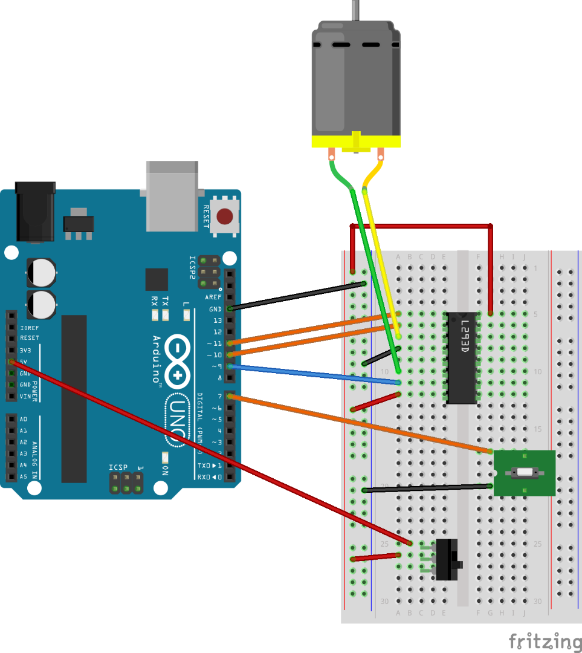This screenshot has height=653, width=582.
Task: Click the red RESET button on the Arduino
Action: (x=225, y=216)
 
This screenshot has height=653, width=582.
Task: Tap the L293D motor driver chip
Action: (x=462, y=358)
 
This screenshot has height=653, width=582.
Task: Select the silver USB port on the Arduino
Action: (x=172, y=195)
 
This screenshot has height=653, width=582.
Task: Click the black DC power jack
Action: (x=35, y=212)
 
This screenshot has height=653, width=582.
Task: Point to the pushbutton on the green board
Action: (x=524, y=473)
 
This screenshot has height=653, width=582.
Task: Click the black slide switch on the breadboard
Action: (x=447, y=560)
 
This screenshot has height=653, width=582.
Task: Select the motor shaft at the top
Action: (x=356, y=10)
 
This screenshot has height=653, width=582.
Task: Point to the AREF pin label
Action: (x=213, y=297)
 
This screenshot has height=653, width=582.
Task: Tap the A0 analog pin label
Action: (x=24, y=419)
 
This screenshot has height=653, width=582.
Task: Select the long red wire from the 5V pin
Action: (x=205, y=450)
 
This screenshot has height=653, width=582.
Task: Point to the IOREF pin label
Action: (x=30, y=327)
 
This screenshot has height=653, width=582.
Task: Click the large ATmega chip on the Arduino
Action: (x=74, y=398)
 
